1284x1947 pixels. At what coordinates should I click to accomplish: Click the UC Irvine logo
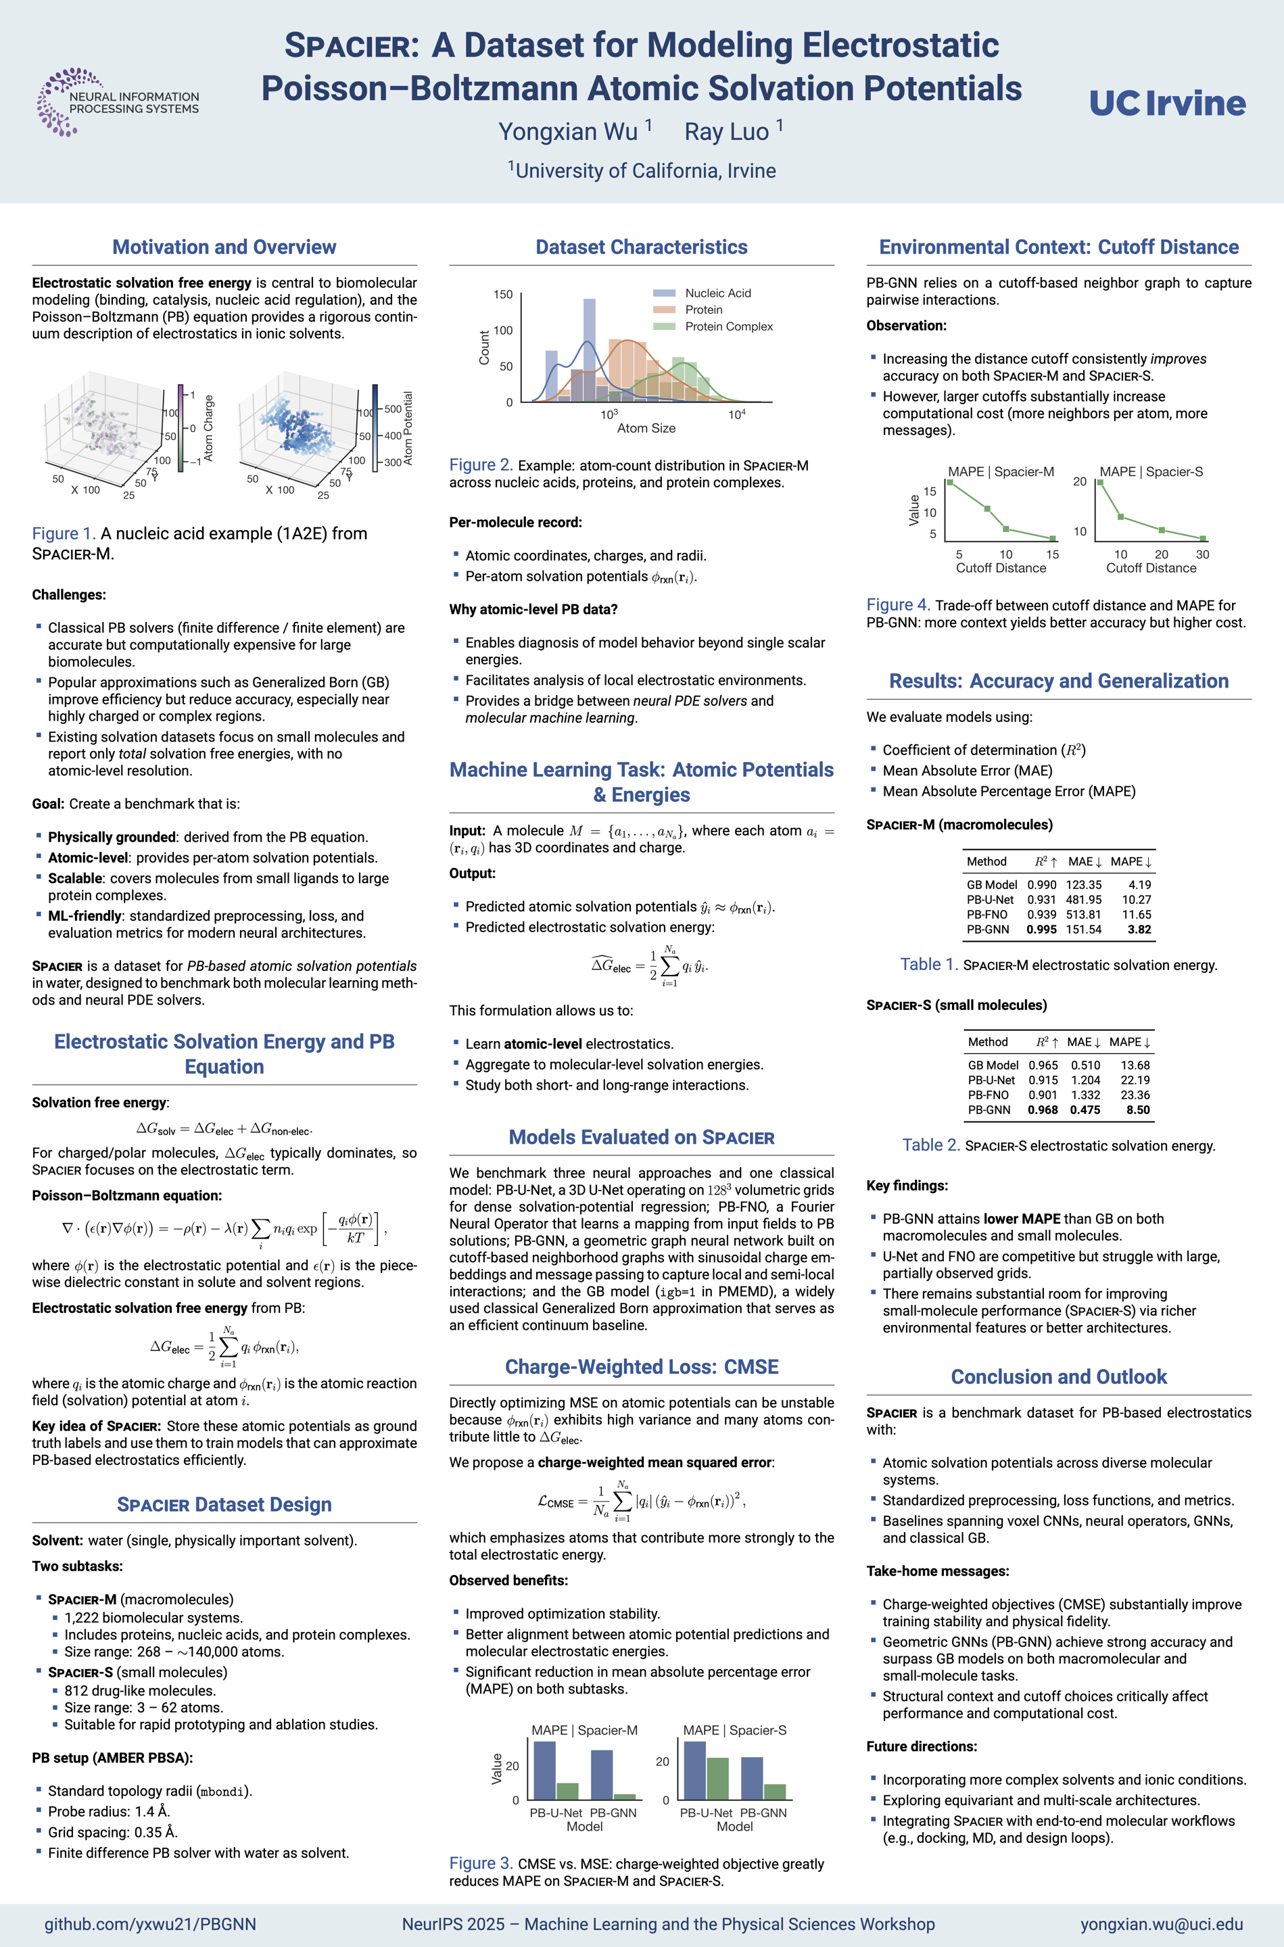1167,103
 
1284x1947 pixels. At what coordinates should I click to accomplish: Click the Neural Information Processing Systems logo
119,102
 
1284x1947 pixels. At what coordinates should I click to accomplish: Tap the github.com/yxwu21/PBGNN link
150,1924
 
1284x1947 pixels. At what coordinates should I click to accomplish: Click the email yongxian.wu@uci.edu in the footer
1161,1924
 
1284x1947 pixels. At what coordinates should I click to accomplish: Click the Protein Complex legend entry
728,327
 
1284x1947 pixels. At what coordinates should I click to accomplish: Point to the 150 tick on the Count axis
503,295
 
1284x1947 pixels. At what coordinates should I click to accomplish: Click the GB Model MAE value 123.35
1083,885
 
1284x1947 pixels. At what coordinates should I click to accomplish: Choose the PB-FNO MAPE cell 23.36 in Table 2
1135,1095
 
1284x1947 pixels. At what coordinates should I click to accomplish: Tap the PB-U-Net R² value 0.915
1043,1080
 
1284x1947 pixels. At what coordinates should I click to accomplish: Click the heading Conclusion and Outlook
1058,1377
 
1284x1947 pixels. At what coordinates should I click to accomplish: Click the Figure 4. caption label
897,605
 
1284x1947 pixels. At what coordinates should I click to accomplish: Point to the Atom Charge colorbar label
209,427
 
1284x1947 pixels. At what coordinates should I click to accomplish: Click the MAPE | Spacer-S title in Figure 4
1151,472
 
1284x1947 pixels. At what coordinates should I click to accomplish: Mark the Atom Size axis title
646,428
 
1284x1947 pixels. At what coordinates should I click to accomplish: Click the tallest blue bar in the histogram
590,350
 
